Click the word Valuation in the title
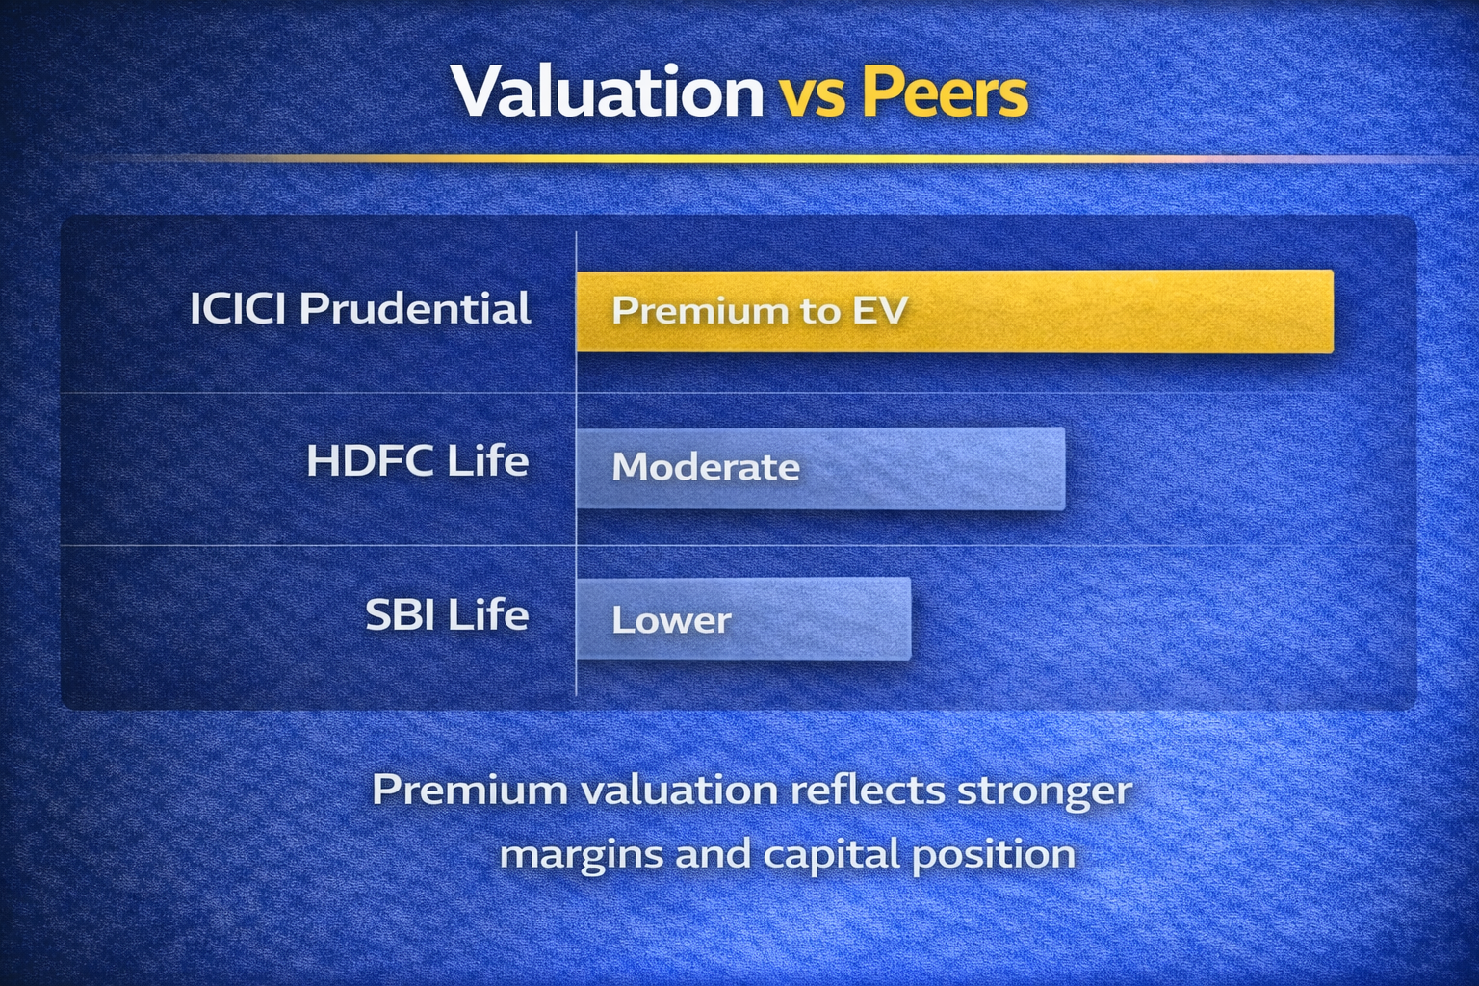(608, 91)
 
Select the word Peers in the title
(946, 91)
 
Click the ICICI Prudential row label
(360, 309)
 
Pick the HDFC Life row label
(418, 460)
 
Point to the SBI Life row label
(447, 614)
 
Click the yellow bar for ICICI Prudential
(955, 311)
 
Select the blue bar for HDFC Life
(820, 468)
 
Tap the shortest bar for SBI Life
(743, 619)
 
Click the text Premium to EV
(760, 310)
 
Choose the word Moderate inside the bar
(706, 467)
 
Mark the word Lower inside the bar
(671, 619)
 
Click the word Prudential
(415, 309)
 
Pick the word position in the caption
(995, 856)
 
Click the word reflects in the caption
(868, 790)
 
